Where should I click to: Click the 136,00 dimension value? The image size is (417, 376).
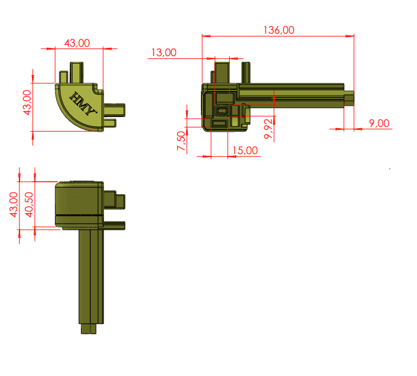[279, 30]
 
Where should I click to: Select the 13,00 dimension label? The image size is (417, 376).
[164, 53]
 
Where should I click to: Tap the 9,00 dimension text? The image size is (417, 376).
[379, 123]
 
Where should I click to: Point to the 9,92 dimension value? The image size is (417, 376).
[268, 129]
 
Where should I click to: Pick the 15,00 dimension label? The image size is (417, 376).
[245, 151]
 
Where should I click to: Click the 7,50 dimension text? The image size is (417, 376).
[181, 141]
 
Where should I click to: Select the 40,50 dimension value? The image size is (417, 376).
[29, 205]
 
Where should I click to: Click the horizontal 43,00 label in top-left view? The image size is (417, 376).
[77, 43]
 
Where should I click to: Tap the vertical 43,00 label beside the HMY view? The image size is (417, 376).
[27, 103]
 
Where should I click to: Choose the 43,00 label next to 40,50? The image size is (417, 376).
[14, 205]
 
